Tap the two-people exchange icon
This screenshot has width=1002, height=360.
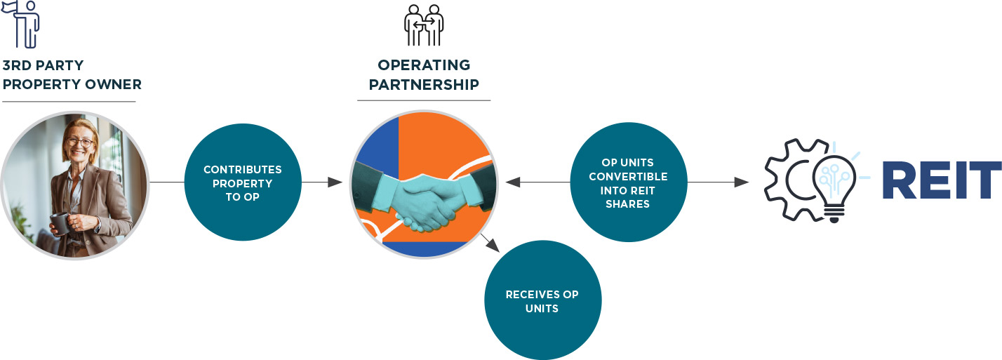424,25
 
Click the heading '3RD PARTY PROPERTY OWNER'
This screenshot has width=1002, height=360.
72,75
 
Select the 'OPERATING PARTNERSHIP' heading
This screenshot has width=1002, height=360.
424,75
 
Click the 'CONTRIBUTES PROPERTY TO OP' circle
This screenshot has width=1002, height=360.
243,182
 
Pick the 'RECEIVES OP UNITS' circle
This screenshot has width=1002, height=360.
542,300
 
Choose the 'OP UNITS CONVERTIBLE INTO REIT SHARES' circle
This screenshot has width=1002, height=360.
628,182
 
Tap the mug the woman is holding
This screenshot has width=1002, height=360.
61,223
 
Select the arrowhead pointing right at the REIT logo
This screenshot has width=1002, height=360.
742,182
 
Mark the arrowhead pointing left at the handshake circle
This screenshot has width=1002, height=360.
512,182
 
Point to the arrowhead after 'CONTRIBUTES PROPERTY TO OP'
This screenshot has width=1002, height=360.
335,182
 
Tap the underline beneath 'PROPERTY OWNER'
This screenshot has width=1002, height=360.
69,102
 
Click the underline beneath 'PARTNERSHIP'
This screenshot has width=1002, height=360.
424,100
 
